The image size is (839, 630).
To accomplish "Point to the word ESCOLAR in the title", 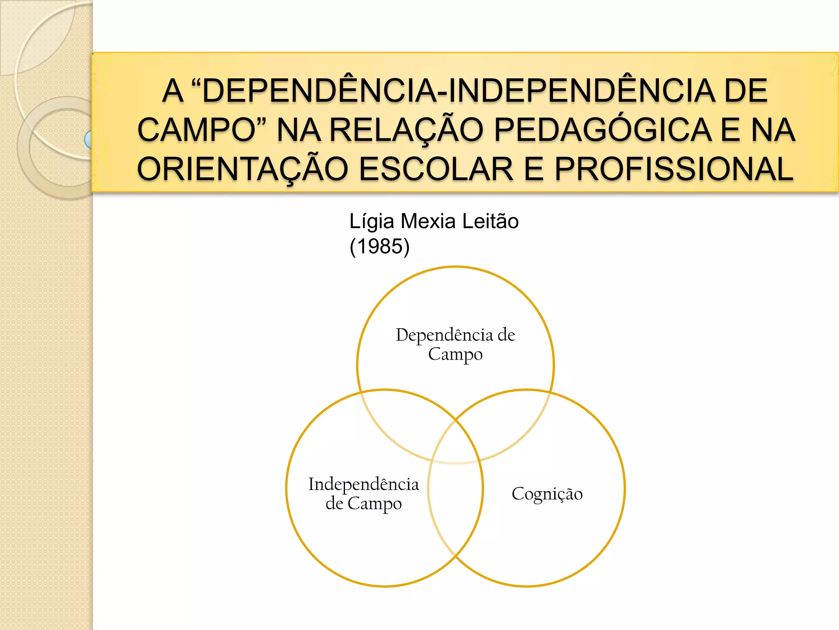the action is pos(436,169).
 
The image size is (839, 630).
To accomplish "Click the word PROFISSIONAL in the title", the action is pos(674,169).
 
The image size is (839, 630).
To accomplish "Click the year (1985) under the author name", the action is pos(379,247).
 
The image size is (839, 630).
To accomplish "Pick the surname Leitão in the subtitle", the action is pos(490,221).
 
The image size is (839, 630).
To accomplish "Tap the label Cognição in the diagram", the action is pos(547,494).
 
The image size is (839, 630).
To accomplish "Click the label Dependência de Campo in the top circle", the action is pos(455,344).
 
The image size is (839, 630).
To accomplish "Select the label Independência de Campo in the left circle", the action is pos(363,494).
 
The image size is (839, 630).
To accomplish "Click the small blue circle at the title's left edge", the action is pos(88,139).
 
